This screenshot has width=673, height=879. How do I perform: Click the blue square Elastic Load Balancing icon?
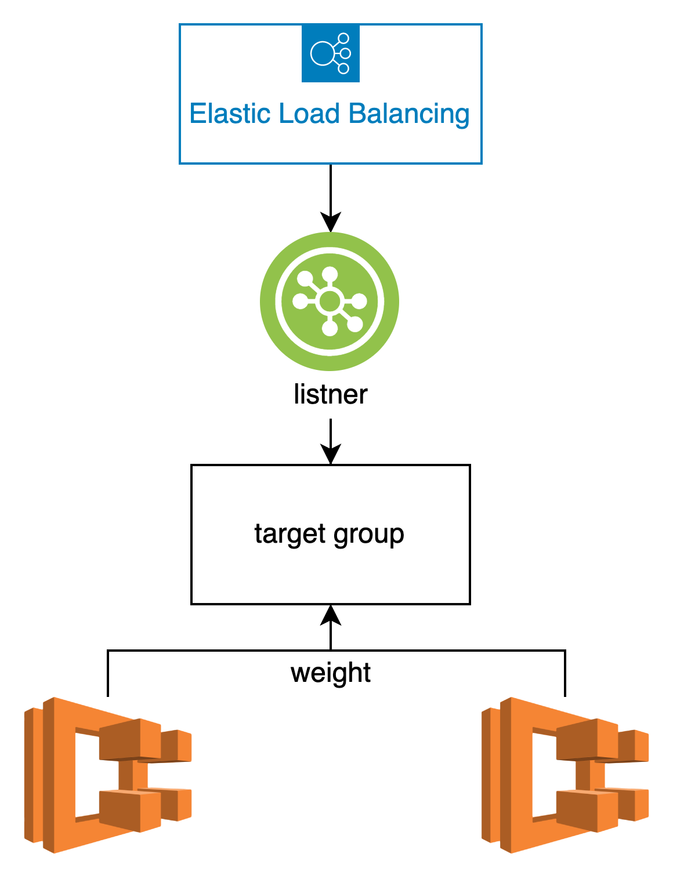click(331, 53)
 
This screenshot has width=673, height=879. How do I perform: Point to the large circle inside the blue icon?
click(321, 53)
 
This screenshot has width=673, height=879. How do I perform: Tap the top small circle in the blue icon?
click(343, 39)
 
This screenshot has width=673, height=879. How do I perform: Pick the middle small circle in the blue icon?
click(346, 53)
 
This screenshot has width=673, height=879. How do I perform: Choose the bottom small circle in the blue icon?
click(343, 68)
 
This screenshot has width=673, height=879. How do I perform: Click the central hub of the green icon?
click(330, 301)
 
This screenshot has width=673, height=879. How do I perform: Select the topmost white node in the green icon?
click(330, 274)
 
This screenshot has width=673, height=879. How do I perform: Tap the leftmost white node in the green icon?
click(300, 301)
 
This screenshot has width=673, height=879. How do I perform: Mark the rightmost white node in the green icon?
click(360, 301)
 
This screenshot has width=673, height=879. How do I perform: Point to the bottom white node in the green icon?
click(330, 329)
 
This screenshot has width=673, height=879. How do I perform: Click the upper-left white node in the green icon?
click(305, 279)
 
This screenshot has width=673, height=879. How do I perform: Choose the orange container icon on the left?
click(107, 775)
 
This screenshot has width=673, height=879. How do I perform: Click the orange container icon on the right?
click(565, 775)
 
